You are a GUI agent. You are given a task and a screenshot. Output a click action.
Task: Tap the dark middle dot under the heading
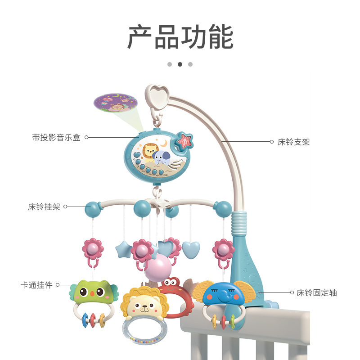[x=180, y=64]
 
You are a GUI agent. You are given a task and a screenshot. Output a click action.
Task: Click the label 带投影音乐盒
[x=56, y=138]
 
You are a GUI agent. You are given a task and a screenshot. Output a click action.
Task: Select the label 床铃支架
[x=293, y=142]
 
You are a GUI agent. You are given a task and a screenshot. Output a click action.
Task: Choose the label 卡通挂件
[x=36, y=285]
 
